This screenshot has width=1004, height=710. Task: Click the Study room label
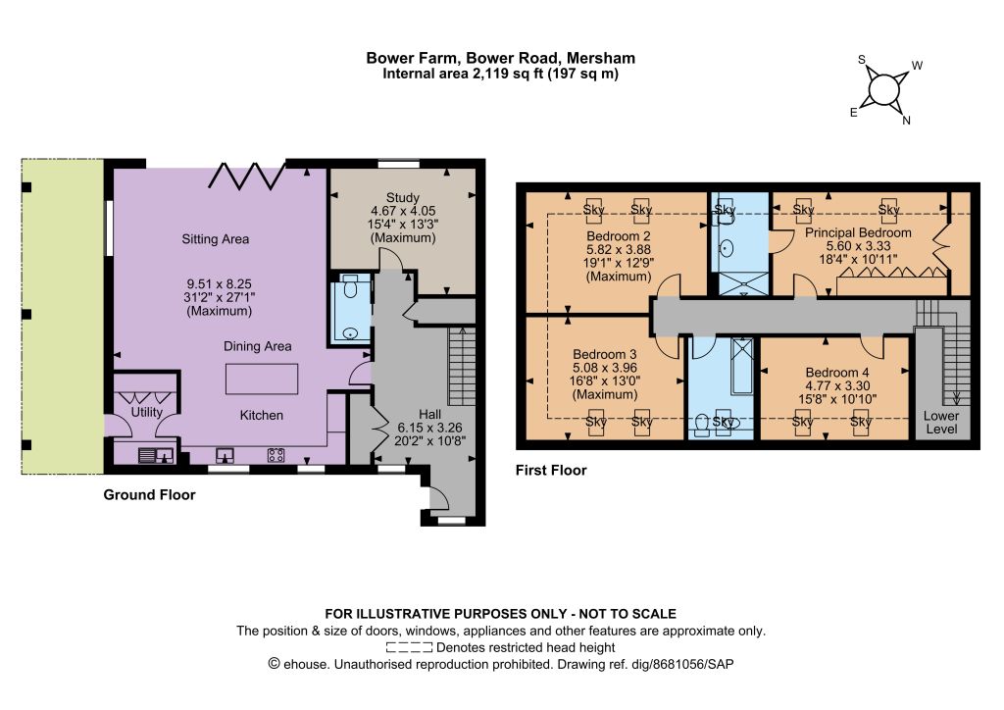403,197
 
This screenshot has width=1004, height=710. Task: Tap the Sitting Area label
215,239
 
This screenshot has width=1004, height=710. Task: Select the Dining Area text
258,346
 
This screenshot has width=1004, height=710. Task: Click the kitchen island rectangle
262,379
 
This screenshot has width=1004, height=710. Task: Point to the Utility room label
147,412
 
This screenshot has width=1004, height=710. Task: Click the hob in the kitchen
276,455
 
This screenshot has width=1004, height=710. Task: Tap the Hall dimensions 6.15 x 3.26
429,428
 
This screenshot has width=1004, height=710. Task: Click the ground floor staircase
462,366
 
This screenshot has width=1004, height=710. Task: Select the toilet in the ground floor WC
350,288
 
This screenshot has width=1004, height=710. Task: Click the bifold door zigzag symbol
247,177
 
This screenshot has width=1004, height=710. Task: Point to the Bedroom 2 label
619,236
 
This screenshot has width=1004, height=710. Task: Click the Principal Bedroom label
858,233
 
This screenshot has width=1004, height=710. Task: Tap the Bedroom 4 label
837,373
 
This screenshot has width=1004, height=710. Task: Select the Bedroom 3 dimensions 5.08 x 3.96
605,368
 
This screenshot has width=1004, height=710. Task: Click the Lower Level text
941,423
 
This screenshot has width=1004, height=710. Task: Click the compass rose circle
883,90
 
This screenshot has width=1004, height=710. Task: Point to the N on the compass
906,121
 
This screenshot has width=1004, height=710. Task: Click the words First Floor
551,471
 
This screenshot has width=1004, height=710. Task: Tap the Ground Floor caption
149,495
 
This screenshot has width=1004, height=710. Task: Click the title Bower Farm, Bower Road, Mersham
501,58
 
